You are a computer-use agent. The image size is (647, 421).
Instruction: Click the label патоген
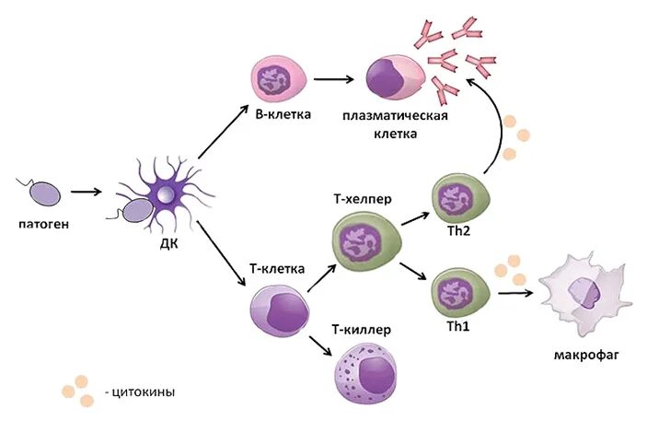(43, 223)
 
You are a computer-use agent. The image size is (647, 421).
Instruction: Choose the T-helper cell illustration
(361, 242)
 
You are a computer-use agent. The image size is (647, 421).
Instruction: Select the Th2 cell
(457, 199)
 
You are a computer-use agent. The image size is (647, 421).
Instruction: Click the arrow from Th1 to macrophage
(517, 293)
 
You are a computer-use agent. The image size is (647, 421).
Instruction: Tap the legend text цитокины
(142, 392)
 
